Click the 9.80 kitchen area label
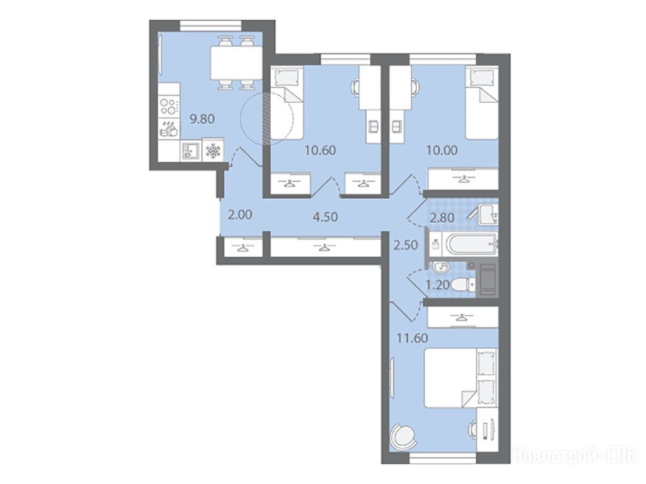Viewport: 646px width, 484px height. (x=202, y=119)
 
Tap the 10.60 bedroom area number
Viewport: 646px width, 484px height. (x=320, y=150)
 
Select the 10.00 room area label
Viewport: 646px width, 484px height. (x=442, y=150)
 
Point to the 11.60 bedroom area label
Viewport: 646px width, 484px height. (x=412, y=338)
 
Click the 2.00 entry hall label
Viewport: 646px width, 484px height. (x=240, y=215)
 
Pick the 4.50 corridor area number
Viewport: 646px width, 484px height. (x=325, y=216)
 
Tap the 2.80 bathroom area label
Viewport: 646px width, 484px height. (x=442, y=217)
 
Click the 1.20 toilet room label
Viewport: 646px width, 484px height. (x=437, y=285)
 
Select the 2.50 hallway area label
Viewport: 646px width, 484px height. (x=406, y=245)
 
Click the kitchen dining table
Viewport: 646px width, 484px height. (x=237, y=62)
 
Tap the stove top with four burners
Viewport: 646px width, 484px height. (x=169, y=106)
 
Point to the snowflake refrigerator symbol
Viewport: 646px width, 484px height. (x=213, y=151)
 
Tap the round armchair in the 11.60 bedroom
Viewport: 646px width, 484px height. (x=402, y=438)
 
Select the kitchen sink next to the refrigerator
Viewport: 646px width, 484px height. (x=191, y=151)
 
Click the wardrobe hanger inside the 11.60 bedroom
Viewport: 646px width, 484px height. (x=462, y=317)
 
